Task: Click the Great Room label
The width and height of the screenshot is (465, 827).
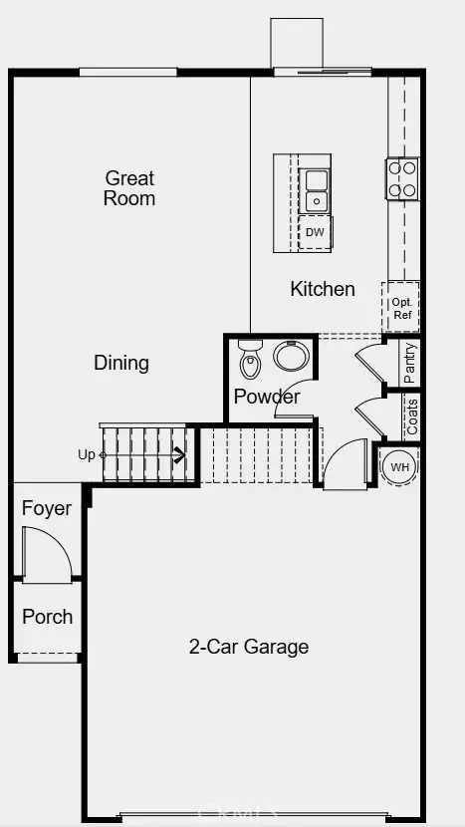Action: (130, 188)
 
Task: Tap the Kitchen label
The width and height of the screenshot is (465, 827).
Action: (322, 289)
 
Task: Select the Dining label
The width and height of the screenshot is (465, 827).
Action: (121, 363)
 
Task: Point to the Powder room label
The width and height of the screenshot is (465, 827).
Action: (267, 397)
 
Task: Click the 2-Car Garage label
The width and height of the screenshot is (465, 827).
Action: (249, 647)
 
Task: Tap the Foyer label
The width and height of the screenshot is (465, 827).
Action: (47, 508)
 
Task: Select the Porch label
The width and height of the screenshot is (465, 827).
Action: (47, 617)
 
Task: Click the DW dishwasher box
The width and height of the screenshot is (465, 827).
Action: (315, 233)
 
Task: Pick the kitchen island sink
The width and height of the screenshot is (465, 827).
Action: (316, 190)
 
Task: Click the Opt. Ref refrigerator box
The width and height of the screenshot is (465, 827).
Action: (401, 308)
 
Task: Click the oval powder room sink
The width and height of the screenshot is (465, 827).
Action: (292, 357)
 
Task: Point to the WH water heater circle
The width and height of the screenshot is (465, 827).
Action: (398, 466)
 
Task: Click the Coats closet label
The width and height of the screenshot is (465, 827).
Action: (412, 415)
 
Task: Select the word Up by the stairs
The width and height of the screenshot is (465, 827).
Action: (87, 455)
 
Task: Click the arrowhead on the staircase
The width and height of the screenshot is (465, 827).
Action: (180, 456)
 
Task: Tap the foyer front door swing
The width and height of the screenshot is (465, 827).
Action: (48, 553)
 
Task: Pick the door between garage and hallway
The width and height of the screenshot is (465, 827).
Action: (346, 463)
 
